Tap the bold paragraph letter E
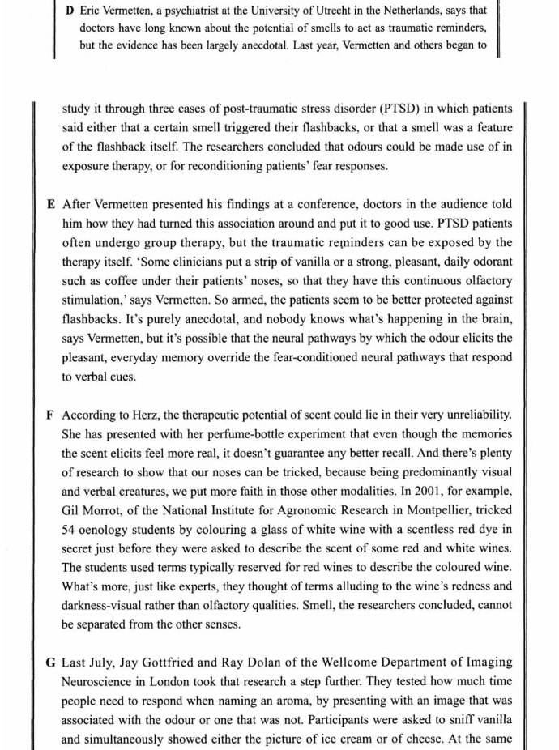click(52, 205)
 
